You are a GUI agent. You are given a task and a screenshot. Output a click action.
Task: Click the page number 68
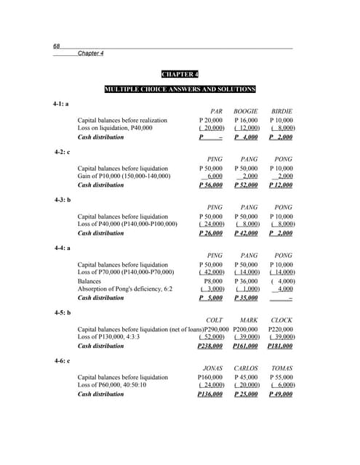click(x=56, y=46)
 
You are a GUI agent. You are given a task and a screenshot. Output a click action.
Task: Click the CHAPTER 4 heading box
click(x=179, y=74)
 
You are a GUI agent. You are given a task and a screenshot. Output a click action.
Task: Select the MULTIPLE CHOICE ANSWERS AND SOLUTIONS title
click(x=180, y=89)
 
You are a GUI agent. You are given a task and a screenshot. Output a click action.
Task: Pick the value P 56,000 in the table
click(x=211, y=185)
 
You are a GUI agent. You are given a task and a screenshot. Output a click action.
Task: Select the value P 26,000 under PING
click(x=211, y=233)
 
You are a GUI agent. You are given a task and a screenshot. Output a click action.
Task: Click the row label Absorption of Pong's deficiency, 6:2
click(x=125, y=288)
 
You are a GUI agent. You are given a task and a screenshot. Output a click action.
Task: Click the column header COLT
click(x=215, y=320)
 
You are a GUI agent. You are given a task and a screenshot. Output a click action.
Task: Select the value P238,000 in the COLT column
click(x=210, y=346)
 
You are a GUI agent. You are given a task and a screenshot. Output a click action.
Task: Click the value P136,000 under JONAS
click(x=210, y=395)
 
